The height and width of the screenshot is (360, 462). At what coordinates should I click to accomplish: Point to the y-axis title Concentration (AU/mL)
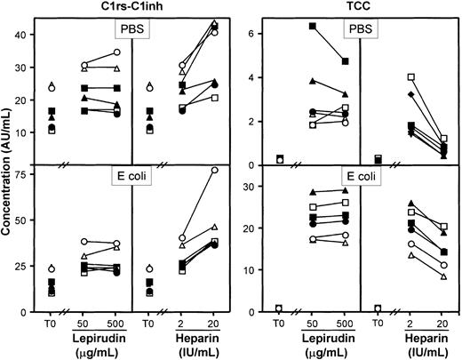click(x=8, y=164)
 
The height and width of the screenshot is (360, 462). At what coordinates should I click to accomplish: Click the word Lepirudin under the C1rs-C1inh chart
click(x=94, y=339)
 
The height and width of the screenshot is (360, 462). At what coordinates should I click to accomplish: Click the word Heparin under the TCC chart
click(x=401, y=339)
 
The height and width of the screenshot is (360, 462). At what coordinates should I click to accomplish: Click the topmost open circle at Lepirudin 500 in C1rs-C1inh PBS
click(x=116, y=52)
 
